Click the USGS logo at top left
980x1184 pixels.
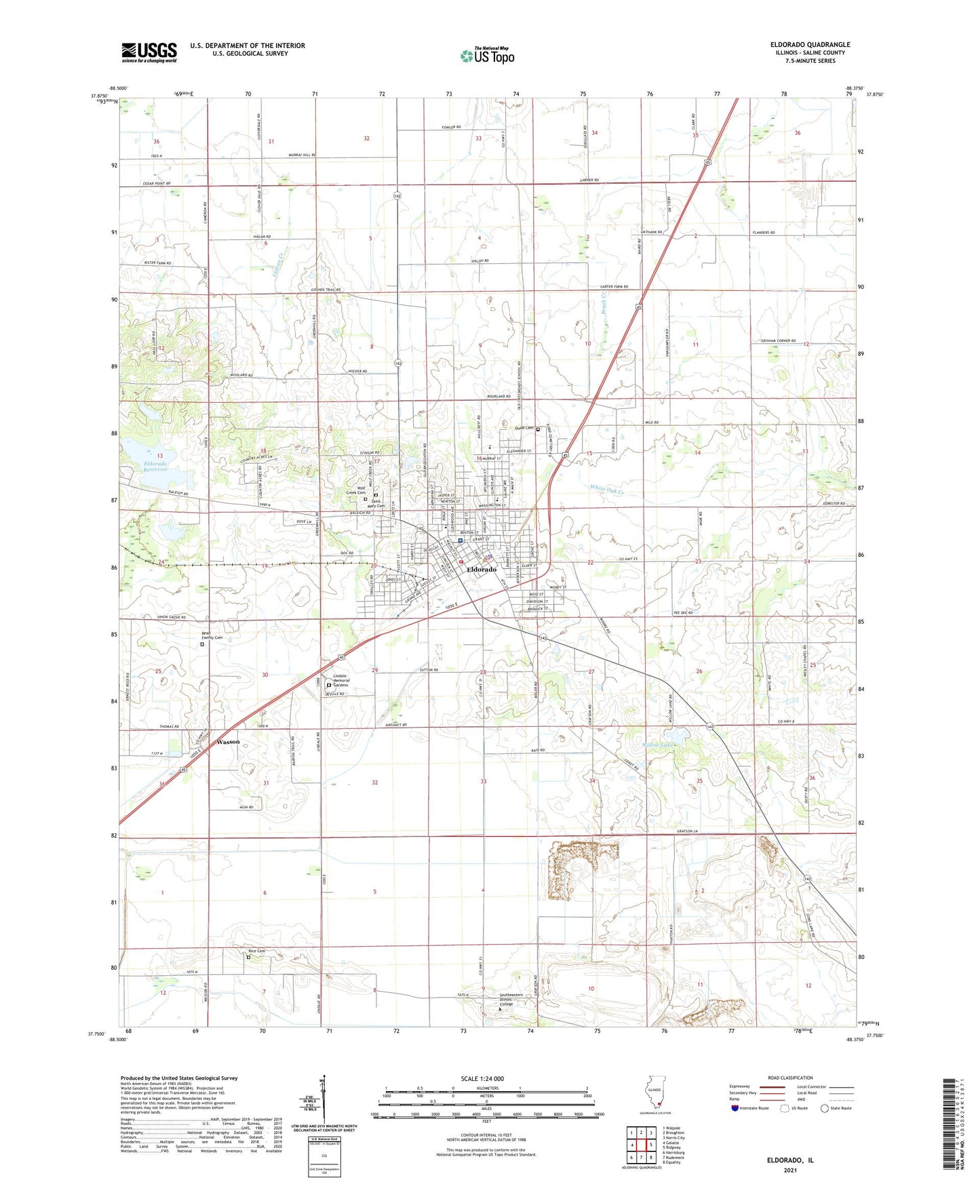(149, 52)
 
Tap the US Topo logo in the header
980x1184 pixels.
(488, 56)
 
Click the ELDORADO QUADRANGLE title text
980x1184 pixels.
(810, 45)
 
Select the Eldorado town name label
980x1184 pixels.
(482, 570)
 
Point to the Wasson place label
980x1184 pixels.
(228, 742)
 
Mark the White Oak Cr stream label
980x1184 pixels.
(606, 488)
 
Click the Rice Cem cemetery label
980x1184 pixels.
(256, 951)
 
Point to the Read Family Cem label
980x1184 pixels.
(212, 635)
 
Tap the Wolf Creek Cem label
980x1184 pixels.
(356, 490)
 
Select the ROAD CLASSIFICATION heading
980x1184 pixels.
(790, 1078)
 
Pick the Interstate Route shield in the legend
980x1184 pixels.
(735, 1109)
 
